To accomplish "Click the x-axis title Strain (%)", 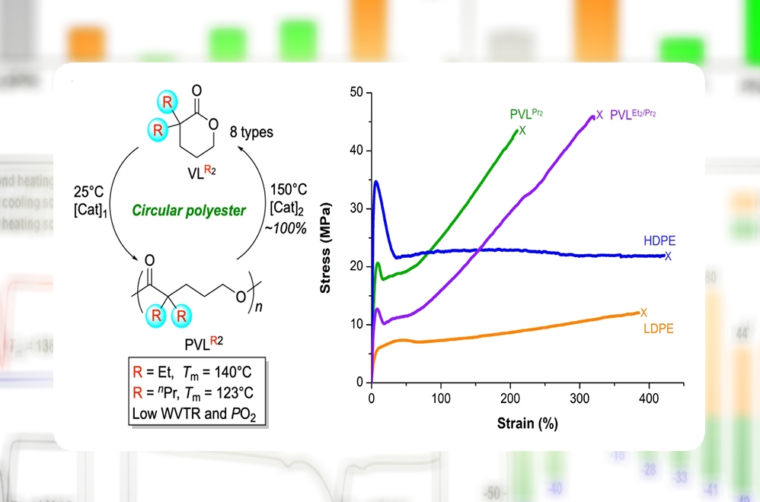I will coord(525,423).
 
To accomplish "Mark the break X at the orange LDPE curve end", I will coord(643,312).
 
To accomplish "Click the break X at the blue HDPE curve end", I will coord(668,256).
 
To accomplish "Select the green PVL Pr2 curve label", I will coord(526,115).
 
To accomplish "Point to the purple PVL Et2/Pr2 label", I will coord(633,115).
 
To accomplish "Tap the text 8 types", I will coord(251,132).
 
